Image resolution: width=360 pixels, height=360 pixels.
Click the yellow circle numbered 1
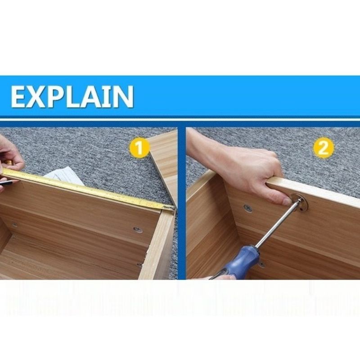click(x=139, y=148)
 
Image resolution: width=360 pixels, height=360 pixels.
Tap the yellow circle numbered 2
click(x=324, y=148)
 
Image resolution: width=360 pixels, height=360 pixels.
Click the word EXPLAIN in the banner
click(x=72, y=96)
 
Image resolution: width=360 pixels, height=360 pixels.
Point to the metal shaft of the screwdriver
click(x=278, y=224)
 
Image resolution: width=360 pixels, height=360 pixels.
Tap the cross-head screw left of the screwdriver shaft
click(x=248, y=208)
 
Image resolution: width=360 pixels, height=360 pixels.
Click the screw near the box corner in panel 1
click(x=138, y=229)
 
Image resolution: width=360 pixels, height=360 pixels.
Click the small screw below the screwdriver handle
click(x=262, y=265)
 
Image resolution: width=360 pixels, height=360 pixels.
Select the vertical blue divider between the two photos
click(x=182, y=203)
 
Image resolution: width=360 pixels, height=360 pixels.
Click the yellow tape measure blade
click(x=87, y=189)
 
